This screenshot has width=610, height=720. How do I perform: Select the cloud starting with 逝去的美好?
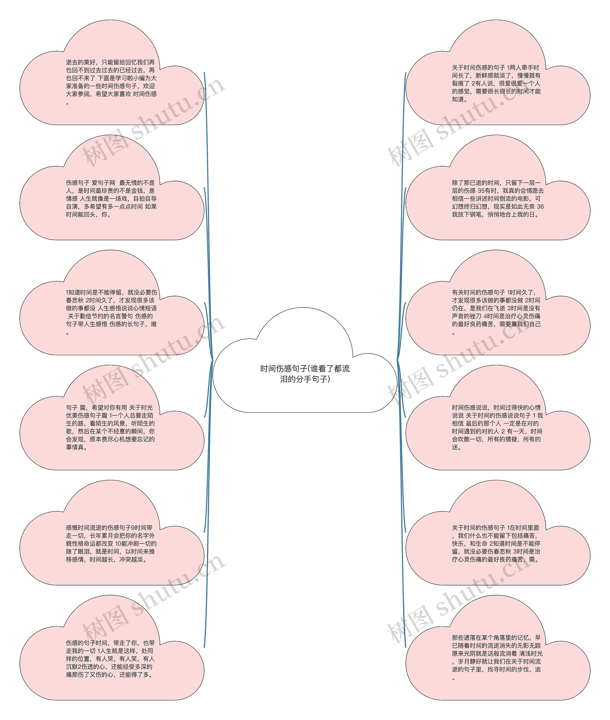coord(111,82)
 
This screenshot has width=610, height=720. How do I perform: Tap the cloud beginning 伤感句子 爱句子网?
coord(111,198)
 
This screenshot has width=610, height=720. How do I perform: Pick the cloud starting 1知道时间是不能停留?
coord(111,312)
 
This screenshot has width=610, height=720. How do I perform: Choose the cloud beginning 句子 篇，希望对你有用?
coord(111,427)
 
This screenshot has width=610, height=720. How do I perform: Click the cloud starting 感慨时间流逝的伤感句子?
coord(111,543)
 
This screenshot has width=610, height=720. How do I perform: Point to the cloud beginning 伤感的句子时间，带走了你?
coord(111,659)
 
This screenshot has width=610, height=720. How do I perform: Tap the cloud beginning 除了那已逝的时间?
coord(497,198)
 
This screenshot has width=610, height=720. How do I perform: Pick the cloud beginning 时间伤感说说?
coord(497,427)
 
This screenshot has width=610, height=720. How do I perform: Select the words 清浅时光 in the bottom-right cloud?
coord(531,654)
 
